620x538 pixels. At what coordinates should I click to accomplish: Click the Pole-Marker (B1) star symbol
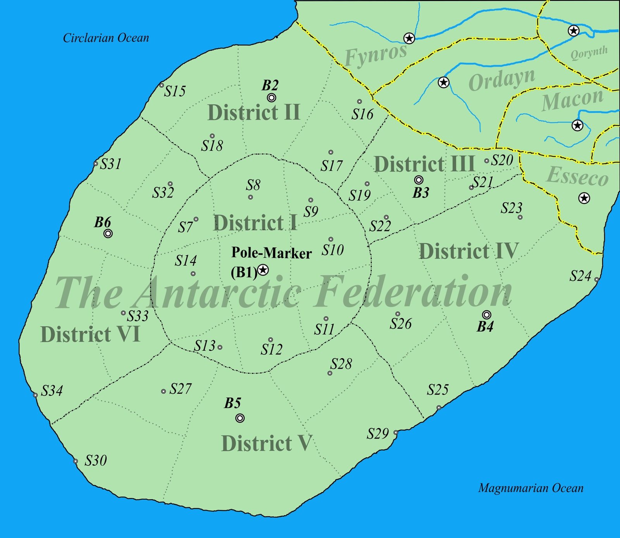[x=263, y=269]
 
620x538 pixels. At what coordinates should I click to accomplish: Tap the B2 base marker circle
[x=272, y=97]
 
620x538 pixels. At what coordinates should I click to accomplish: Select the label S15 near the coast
[x=175, y=91]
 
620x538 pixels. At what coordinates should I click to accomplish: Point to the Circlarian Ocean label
[x=106, y=38]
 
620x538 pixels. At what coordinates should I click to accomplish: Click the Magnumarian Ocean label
[x=531, y=488]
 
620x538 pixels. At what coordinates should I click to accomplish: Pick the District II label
[x=254, y=113]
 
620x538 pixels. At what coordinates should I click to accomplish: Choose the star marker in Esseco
[x=584, y=198]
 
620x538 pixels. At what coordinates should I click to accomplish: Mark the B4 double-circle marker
[x=487, y=314]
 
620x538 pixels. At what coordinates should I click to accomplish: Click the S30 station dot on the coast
[x=76, y=461]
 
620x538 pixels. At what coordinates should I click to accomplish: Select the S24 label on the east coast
[x=580, y=276]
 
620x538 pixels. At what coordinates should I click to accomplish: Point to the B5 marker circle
[x=240, y=418]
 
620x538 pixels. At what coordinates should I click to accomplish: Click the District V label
[x=266, y=443]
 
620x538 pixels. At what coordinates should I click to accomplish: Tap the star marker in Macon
[x=577, y=125]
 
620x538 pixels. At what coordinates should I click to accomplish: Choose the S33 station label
[x=138, y=316]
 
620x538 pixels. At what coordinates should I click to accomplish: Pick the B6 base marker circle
[x=108, y=233]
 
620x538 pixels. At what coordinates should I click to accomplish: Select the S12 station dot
[x=270, y=340]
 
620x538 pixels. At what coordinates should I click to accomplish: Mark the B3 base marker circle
[x=418, y=180]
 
